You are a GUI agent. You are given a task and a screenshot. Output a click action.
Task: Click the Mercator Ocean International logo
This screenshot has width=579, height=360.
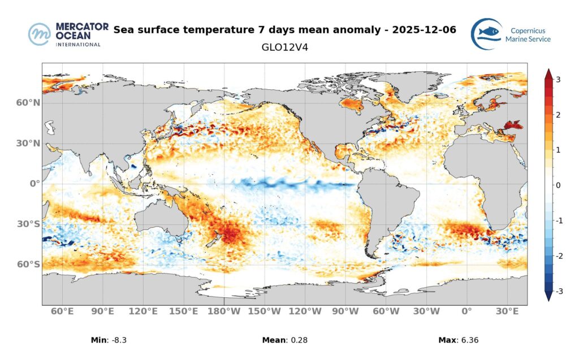(x=64, y=34)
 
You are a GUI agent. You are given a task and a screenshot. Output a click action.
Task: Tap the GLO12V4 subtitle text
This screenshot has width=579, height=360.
(x=284, y=47)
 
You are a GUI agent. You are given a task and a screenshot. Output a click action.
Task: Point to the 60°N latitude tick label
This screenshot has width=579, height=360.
(x=28, y=103)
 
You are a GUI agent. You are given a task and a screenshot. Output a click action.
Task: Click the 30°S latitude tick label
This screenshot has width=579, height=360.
(x=28, y=224)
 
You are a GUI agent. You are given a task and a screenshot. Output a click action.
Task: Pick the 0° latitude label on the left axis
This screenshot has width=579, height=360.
(x=34, y=184)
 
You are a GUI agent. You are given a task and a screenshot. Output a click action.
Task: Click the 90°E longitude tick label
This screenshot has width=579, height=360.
(x=103, y=311)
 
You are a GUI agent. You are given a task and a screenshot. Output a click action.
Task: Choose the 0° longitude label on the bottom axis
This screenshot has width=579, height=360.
(x=466, y=311)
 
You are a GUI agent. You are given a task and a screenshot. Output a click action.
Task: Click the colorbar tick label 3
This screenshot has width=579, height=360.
(x=558, y=80)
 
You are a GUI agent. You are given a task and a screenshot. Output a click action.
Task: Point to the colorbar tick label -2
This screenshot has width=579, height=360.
(x=557, y=256)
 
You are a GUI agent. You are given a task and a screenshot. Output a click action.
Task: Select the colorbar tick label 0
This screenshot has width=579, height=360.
(x=558, y=185)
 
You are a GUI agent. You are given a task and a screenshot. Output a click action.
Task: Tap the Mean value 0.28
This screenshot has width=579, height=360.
(x=298, y=340)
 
